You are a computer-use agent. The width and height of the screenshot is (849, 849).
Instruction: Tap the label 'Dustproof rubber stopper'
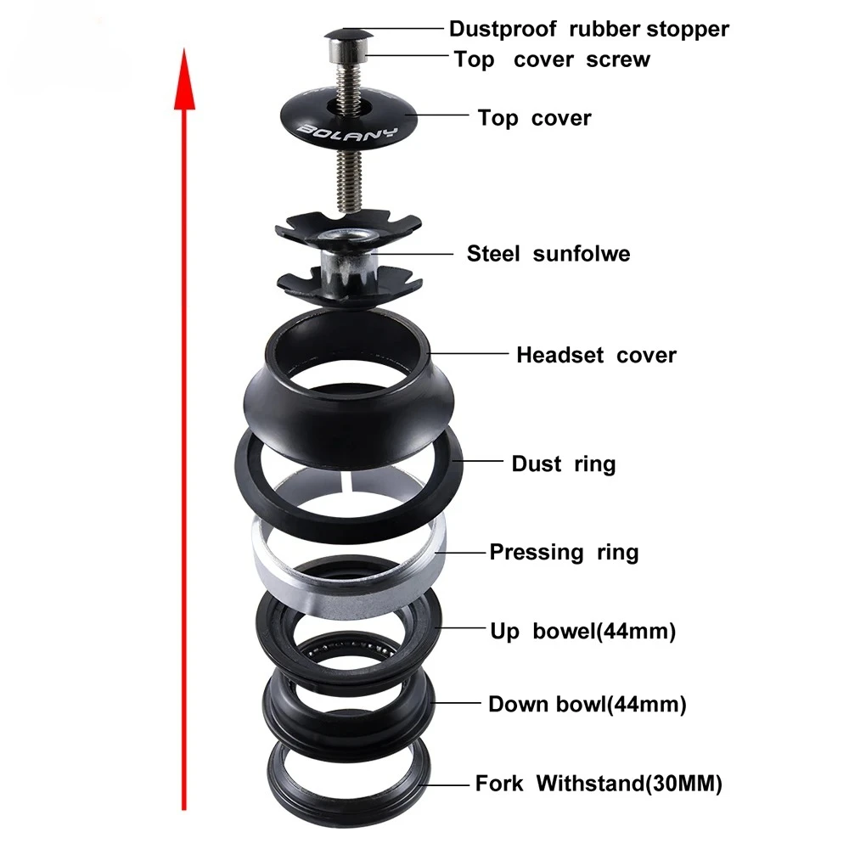[x=588, y=29]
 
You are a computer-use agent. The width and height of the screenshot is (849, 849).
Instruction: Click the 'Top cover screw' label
[x=552, y=59]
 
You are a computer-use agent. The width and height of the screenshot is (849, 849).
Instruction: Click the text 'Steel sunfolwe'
[x=548, y=254]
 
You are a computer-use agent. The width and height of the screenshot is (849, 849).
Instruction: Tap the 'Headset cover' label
[x=596, y=355]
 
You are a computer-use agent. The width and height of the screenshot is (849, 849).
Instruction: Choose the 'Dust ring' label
[x=563, y=464]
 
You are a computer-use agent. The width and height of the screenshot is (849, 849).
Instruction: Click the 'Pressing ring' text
[x=564, y=553]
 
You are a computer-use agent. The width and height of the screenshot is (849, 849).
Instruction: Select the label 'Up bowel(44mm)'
[x=582, y=632]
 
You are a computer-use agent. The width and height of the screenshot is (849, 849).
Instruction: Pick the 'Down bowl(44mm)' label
[x=587, y=704]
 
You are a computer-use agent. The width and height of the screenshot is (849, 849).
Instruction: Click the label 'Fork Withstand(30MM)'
[x=599, y=784]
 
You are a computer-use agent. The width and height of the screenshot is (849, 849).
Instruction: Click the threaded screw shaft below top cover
[x=348, y=183]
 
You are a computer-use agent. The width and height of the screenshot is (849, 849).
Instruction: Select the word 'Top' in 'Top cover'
[x=498, y=118]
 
